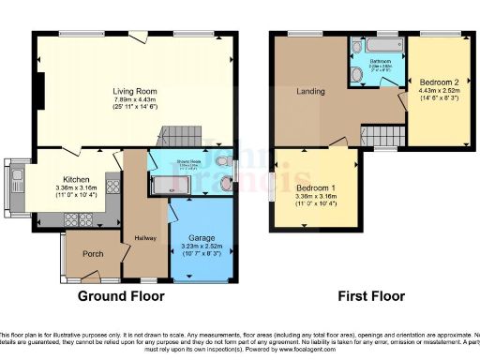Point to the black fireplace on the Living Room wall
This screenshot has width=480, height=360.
tap(39, 87)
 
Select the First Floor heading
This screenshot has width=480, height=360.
tap(370, 295)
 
